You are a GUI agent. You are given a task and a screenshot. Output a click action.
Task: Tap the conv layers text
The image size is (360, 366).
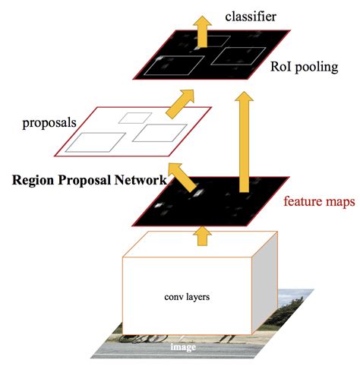pyautogui.click(x=188, y=297)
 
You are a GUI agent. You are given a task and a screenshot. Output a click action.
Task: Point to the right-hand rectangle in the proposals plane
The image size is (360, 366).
pyautogui.click(x=154, y=134)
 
